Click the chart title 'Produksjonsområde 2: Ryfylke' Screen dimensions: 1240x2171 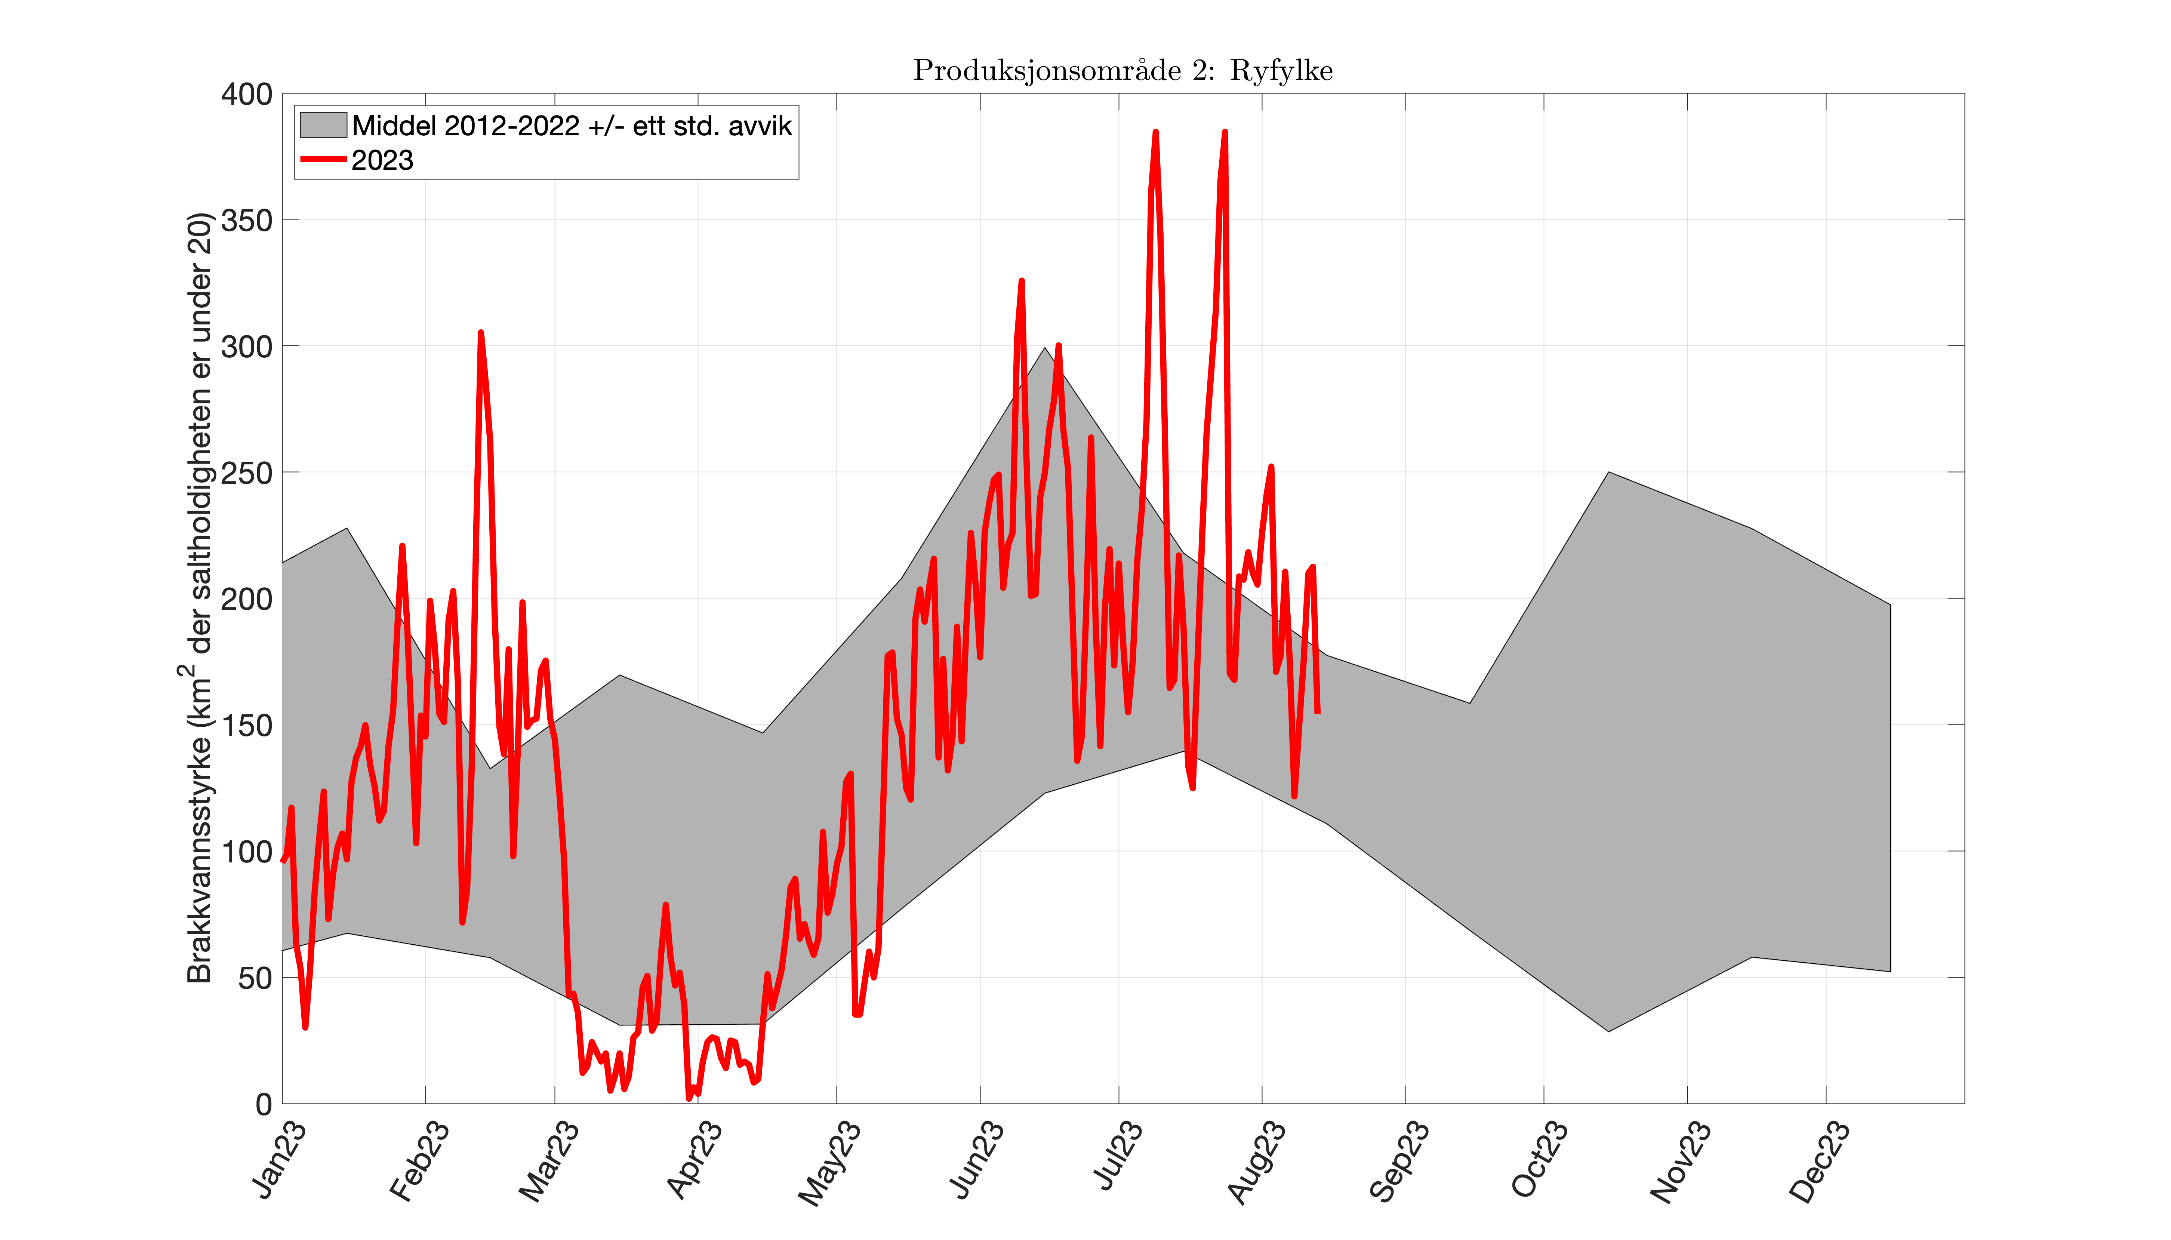tap(1122, 71)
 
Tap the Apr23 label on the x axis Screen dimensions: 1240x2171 tap(694, 1160)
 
